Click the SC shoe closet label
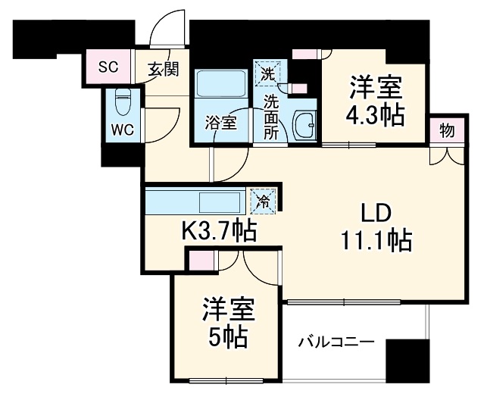coord(109,65)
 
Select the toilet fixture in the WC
coord(123,102)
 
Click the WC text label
coord(123,129)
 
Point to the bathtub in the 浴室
coord(220,86)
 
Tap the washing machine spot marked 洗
coord(267,73)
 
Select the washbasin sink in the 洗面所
coord(304,127)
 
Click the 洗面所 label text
coord(270,114)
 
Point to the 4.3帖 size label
coord(374,115)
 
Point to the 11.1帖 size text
coord(376,240)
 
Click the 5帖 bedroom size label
coord(229,338)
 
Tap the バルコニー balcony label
coord(335,342)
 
